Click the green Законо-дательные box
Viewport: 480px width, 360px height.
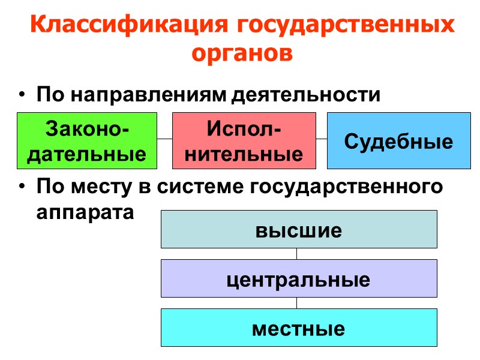[x=87, y=140]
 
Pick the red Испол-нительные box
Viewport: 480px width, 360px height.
[x=244, y=140]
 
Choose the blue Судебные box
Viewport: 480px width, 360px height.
[x=398, y=140]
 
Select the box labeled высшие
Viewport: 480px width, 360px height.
[x=299, y=229]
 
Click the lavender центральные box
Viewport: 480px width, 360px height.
[x=299, y=278]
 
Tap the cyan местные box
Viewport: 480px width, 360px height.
[x=299, y=328]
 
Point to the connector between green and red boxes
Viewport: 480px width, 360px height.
[x=165, y=139]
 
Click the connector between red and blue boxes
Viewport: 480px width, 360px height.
[x=322, y=139]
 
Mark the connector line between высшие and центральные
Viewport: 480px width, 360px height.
[x=297, y=254]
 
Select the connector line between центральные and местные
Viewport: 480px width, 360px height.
[x=297, y=303]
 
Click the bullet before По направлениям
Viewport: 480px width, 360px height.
[x=22, y=96]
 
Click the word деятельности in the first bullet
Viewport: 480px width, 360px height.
[x=307, y=95]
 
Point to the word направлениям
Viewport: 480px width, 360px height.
[x=150, y=95]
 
